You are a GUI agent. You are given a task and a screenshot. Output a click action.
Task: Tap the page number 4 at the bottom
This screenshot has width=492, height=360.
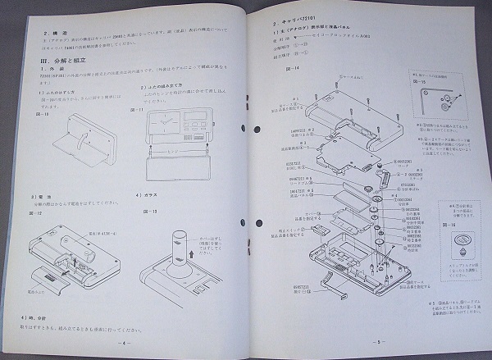124,342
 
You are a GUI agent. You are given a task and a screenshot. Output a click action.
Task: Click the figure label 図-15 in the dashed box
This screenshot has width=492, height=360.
419,82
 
